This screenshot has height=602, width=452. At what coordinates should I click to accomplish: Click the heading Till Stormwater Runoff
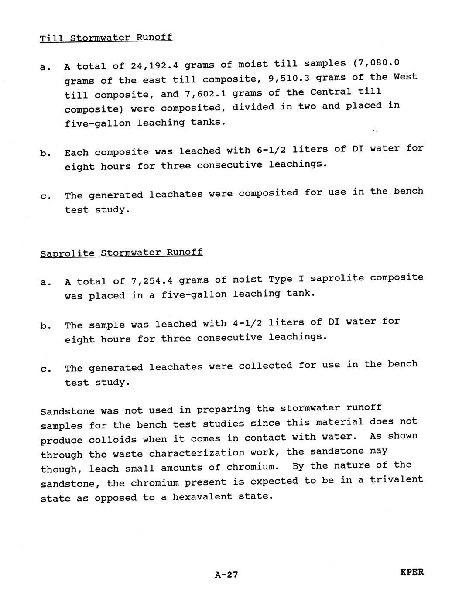pyautogui.click(x=106, y=38)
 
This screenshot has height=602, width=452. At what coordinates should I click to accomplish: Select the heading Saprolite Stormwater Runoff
pyautogui.click(x=121, y=253)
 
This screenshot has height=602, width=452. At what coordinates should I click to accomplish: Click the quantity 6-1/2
pyautogui.click(x=267, y=150)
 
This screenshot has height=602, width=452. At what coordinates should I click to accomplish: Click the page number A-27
pyautogui.click(x=226, y=575)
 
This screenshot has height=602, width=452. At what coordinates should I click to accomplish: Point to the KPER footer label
pyautogui.click(x=411, y=572)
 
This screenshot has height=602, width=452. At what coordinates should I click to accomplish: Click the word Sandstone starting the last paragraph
pyautogui.click(x=67, y=411)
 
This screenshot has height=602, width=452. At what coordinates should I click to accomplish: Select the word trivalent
pyautogui.click(x=397, y=479)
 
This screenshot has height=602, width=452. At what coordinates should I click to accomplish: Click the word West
pyautogui.click(x=405, y=77)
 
